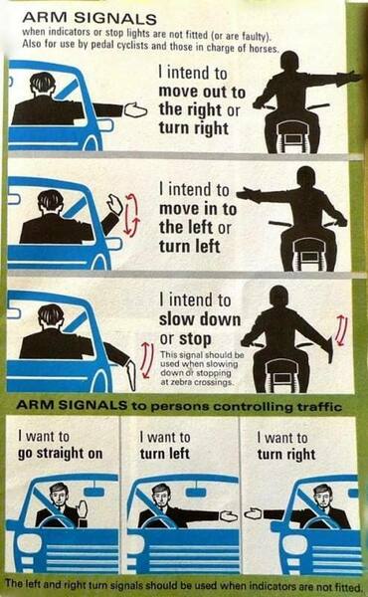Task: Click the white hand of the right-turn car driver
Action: [134, 110]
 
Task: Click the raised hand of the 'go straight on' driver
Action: [83, 508]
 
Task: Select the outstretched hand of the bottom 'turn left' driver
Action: [229, 515]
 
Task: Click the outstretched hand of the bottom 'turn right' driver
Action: [253, 513]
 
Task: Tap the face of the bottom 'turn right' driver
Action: [321, 494]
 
